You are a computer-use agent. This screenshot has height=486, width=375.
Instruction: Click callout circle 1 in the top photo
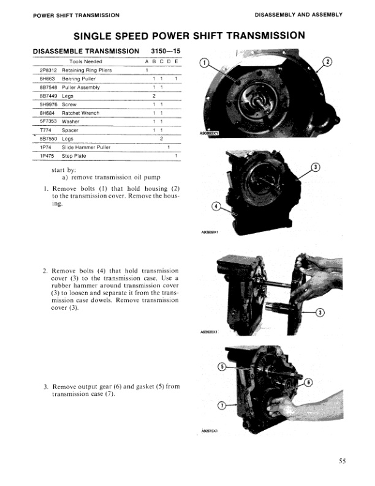[205, 62]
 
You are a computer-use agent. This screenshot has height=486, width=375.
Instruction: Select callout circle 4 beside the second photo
[216, 206]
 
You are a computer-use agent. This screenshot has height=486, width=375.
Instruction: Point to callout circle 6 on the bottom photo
[308, 382]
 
